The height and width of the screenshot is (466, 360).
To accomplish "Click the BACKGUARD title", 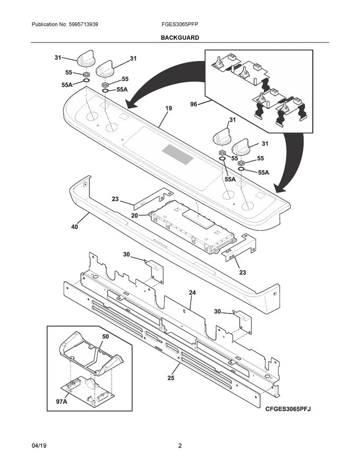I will click(180, 38).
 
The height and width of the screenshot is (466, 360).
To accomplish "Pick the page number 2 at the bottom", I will click(180, 446).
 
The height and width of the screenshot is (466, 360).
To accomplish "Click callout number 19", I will click(168, 109).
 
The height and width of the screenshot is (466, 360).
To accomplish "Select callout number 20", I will click(134, 216).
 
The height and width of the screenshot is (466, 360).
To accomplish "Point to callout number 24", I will click(192, 292).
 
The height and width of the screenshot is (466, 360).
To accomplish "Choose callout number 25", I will click(170, 379).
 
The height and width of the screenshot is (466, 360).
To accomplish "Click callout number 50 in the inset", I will click(105, 337).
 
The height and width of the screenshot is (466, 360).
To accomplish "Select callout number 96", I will click(193, 104).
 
